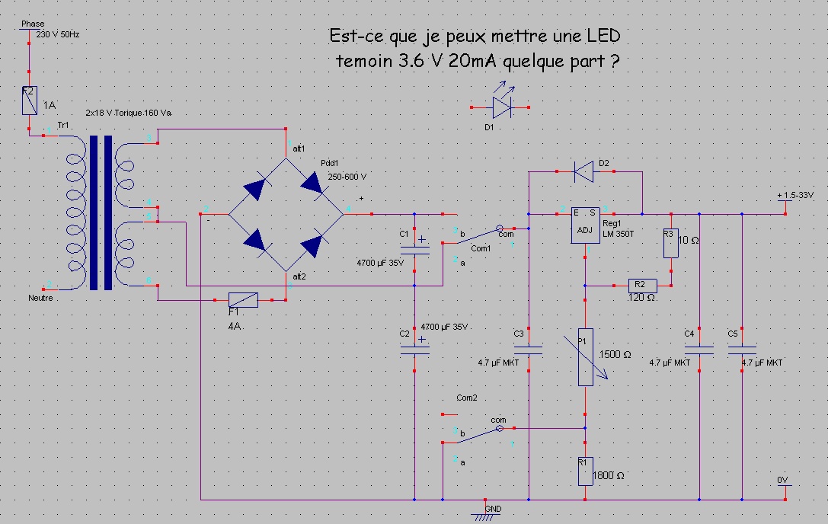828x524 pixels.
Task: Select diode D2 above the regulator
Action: [x=584, y=172]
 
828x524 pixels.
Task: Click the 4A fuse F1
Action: [x=244, y=300]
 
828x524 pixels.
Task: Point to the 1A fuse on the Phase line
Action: [x=30, y=100]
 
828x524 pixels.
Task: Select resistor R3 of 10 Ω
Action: [x=670, y=243]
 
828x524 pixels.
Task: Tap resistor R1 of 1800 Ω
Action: [x=584, y=470]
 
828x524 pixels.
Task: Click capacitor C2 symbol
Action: [x=414, y=349]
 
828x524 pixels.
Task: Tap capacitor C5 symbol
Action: [x=741, y=350]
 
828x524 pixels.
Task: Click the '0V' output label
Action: [x=782, y=480]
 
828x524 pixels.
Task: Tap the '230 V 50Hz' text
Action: [x=57, y=34]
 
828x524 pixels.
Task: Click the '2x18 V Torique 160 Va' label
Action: [x=129, y=113]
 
